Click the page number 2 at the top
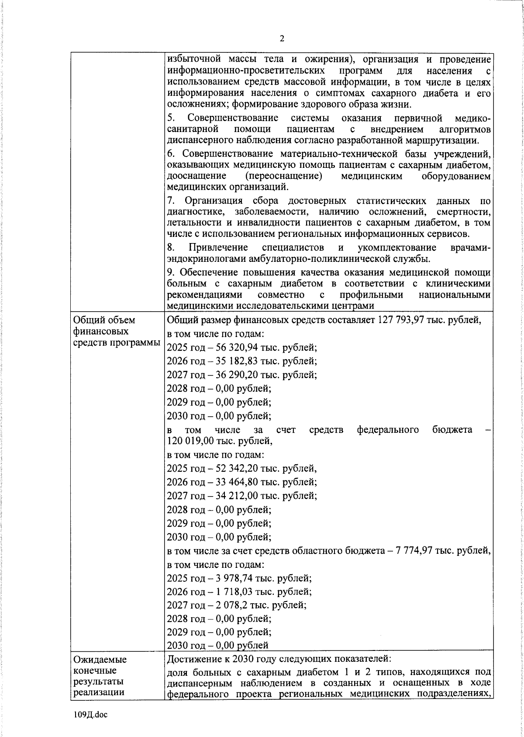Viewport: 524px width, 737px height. coord(282,38)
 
